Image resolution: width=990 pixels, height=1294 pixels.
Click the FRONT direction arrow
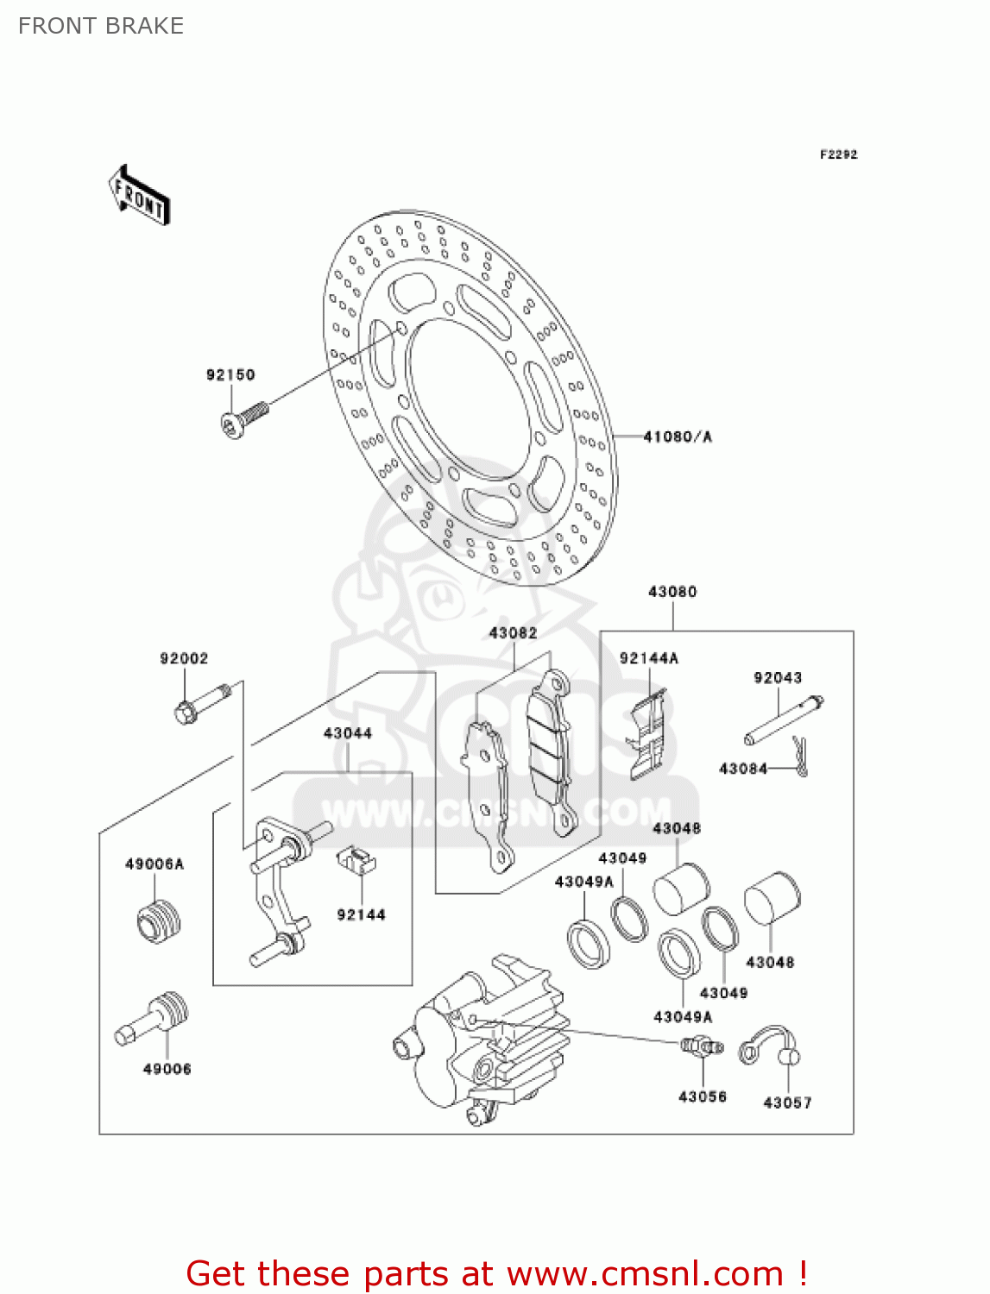pyautogui.click(x=139, y=196)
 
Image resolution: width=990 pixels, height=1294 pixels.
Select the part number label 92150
pyautogui.click(x=230, y=374)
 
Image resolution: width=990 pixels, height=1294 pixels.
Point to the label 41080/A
pyautogui.click(x=678, y=437)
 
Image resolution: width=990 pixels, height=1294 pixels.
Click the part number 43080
pyautogui.click(x=672, y=592)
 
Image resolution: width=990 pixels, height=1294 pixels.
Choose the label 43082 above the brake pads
pyautogui.click(x=513, y=633)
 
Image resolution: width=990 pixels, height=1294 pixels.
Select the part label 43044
pyautogui.click(x=348, y=733)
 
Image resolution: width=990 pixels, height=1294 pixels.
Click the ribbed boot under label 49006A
pyautogui.click(x=159, y=920)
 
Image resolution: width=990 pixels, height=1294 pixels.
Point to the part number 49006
pyautogui.click(x=167, y=1069)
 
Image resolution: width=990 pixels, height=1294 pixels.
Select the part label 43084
pyautogui.click(x=743, y=768)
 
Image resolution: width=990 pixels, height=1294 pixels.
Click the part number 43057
pyautogui.click(x=787, y=1102)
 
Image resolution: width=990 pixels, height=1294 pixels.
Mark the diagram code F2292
pyautogui.click(x=839, y=154)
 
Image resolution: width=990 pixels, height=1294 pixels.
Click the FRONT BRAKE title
pyautogui.click(x=101, y=26)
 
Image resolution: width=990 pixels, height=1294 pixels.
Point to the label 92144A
pyautogui.click(x=649, y=658)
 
